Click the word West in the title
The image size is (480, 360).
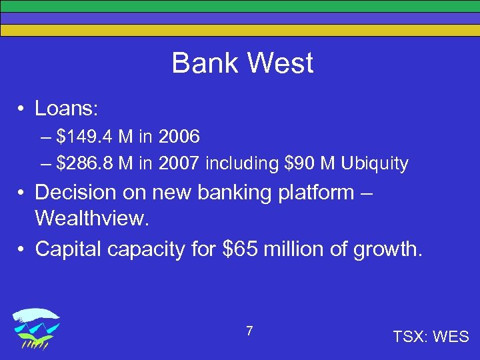point(281,64)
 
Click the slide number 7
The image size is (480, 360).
point(249,331)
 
